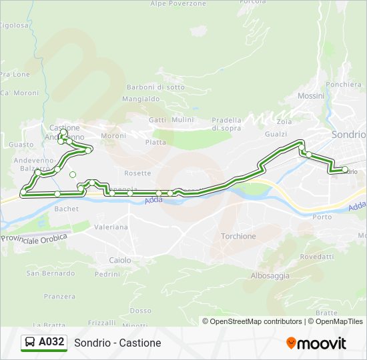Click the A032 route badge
point(44,343)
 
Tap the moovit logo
point(316,343)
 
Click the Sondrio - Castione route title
point(117,343)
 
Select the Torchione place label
point(238,236)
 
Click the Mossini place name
point(311,96)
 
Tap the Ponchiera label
point(344,85)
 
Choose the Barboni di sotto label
point(155,87)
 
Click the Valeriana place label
point(111,227)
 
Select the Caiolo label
point(120,260)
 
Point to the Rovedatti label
point(317,257)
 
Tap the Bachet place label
point(67,209)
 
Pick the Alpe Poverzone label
point(178,4)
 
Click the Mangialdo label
point(141,99)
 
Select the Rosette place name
point(137,173)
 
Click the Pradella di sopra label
point(226,123)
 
